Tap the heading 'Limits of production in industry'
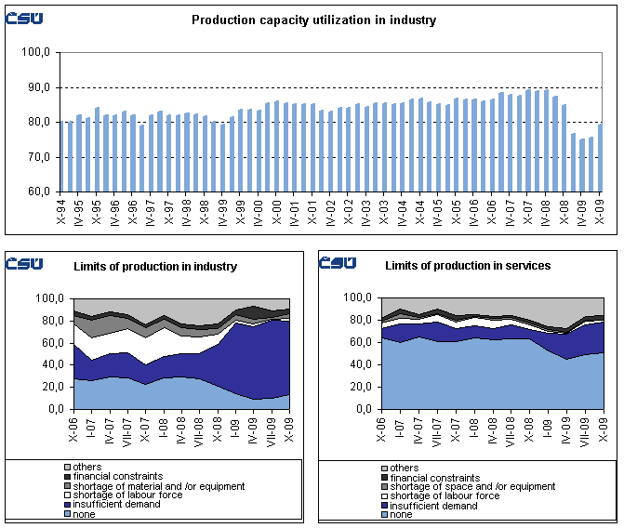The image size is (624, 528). click(x=155, y=267)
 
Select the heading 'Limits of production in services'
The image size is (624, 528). click(x=468, y=266)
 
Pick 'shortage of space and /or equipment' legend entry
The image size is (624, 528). click(x=473, y=486)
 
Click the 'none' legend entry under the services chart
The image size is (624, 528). click(x=404, y=513)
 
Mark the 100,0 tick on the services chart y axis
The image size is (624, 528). click(x=358, y=297)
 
